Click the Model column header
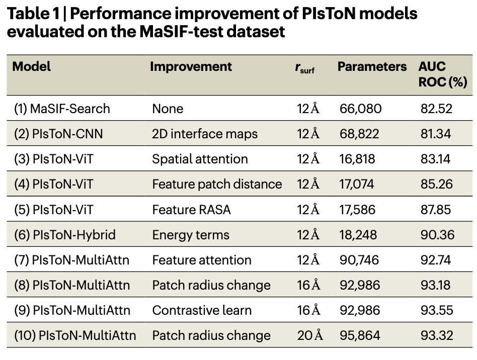click(31, 66)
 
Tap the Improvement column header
click(191, 66)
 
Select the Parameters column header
click(372, 66)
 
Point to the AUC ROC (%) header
click(443, 74)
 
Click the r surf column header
click(305, 68)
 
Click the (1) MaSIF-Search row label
click(62, 109)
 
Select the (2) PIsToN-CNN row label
click(58, 134)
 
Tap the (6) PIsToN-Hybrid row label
click(65, 235)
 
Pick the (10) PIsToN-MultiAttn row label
click(75, 335)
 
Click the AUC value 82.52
click(436, 109)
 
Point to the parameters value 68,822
click(359, 134)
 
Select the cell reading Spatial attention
click(200, 159)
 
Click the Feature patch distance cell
click(217, 184)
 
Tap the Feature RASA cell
click(191, 210)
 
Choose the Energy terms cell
click(191, 235)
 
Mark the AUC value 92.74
click(436, 260)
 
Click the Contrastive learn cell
click(202, 310)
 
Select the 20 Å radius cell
click(310, 335)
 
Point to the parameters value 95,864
click(360, 336)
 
